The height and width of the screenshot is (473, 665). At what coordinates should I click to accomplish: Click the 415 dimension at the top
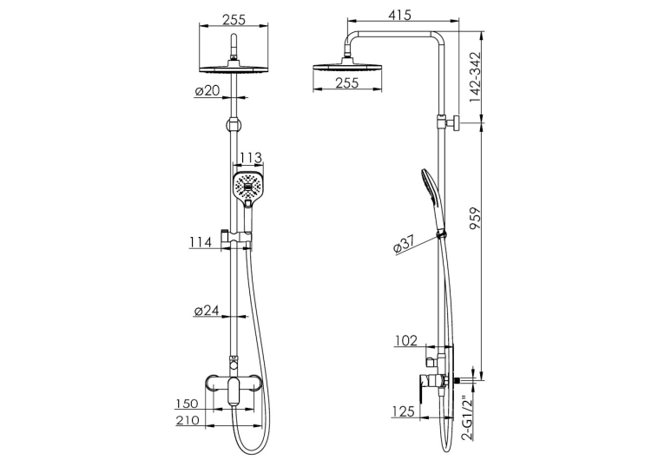[x=400, y=16]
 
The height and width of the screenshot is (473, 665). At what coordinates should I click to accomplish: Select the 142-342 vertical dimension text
[x=475, y=77]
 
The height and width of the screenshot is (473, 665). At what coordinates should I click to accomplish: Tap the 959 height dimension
[x=476, y=219]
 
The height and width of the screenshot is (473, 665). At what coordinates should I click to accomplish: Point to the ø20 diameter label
[x=207, y=90]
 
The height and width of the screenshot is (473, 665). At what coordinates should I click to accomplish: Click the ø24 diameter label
[x=207, y=311]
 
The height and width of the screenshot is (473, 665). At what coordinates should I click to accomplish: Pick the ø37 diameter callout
[x=403, y=245]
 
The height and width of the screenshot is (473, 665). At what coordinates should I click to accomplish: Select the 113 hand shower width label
[x=250, y=158]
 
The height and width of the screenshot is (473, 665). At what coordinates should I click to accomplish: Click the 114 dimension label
[x=201, y=242]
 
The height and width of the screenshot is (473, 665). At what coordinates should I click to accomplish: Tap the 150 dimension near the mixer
[x=187, y=404]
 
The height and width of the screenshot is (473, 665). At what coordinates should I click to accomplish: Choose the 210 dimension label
[x=187, y=420]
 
